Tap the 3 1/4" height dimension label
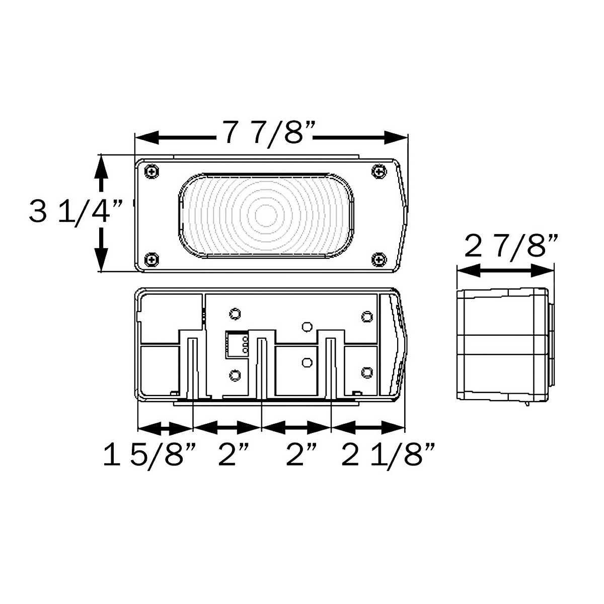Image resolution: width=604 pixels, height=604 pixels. click(x=76, y=212)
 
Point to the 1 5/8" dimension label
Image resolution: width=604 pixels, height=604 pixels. click(x=148, y=455)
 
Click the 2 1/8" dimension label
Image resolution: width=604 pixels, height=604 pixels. click(x=388, y=455)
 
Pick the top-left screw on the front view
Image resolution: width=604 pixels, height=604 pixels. click(x=151, y=171)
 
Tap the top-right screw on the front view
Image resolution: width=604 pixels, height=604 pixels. click(x=379, y=171)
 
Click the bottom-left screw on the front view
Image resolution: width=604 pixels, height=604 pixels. click(x=151, y=259)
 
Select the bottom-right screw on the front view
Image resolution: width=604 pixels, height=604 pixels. click(x=379, y=259)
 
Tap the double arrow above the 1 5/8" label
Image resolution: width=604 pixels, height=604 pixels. click(x=165, y=428)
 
